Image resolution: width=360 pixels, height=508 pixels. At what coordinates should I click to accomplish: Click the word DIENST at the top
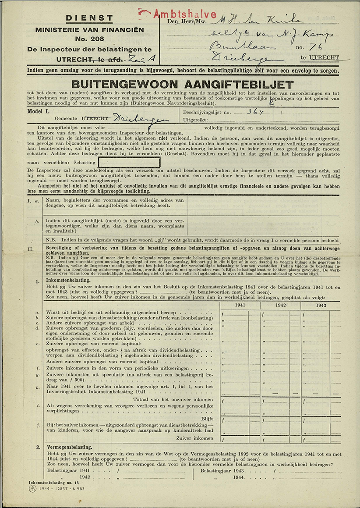click(89, 19)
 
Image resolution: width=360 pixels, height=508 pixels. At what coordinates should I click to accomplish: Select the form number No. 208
click(89, 39)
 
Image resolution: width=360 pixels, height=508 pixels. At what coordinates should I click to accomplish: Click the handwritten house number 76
click(314, 46)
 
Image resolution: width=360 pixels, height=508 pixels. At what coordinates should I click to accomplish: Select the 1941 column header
click(240, 305)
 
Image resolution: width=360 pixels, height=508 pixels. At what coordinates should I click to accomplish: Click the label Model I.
click(38, 112)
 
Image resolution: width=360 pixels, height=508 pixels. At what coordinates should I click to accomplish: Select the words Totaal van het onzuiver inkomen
click(174, 399)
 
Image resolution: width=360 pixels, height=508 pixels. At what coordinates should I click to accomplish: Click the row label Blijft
click(207, 418)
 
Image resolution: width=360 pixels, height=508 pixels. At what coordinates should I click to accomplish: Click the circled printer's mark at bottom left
click(32, 488)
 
